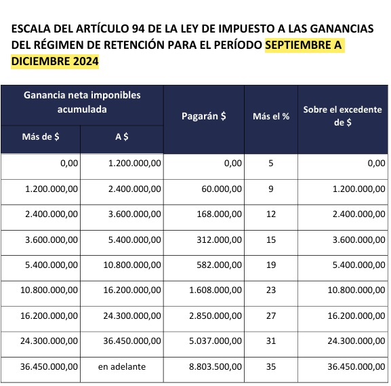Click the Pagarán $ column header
[x=204, y=116]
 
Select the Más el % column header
[x=271, y=116]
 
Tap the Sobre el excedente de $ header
[x=343, y=116]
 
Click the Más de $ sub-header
[x=41, y=136]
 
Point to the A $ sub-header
[x=123, y=136]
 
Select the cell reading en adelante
[x=122, y=366]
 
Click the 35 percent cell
[x=271, y=366]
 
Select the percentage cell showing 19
[x=271, y=265]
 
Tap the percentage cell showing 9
[x=271, y=189]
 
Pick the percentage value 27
[x=271, y=316]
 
